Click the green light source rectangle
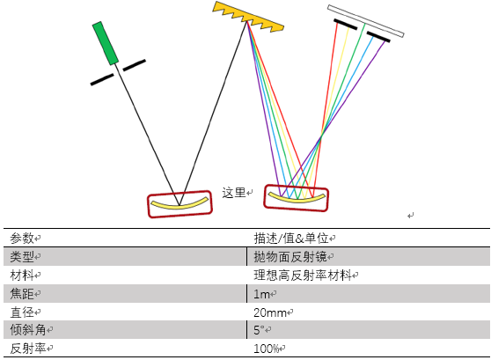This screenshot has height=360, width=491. [x=106, y=43]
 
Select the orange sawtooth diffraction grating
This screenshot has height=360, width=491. [x=248, y=17]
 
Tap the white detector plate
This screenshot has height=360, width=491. [x=366, y=20]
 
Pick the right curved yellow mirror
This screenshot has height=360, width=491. [x=297, y=199]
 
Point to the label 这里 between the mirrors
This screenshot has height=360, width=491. [x=234, y=193]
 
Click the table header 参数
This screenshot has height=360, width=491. [x=22, y=239]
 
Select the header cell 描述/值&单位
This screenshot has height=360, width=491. [x=291, y=239]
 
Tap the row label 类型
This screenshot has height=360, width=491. [x=22, y=257]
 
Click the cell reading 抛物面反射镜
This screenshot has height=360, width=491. [x=290, y=257]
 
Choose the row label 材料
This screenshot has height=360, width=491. [x=22, y=276]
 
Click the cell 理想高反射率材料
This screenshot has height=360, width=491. [x=303, y=276]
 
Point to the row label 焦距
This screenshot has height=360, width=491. [x=22, y=294]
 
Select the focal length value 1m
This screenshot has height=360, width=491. [x=261, y=294]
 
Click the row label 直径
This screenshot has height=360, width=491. [x=22, y=312]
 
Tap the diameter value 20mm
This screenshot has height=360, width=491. [x=270, y=312]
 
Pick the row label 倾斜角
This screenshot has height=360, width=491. [x=28, y=330]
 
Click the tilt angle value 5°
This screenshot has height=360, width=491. [x=259, y=330]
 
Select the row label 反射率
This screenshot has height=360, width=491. [x=28, y=349]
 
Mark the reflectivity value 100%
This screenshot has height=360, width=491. [x=266, y=349]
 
